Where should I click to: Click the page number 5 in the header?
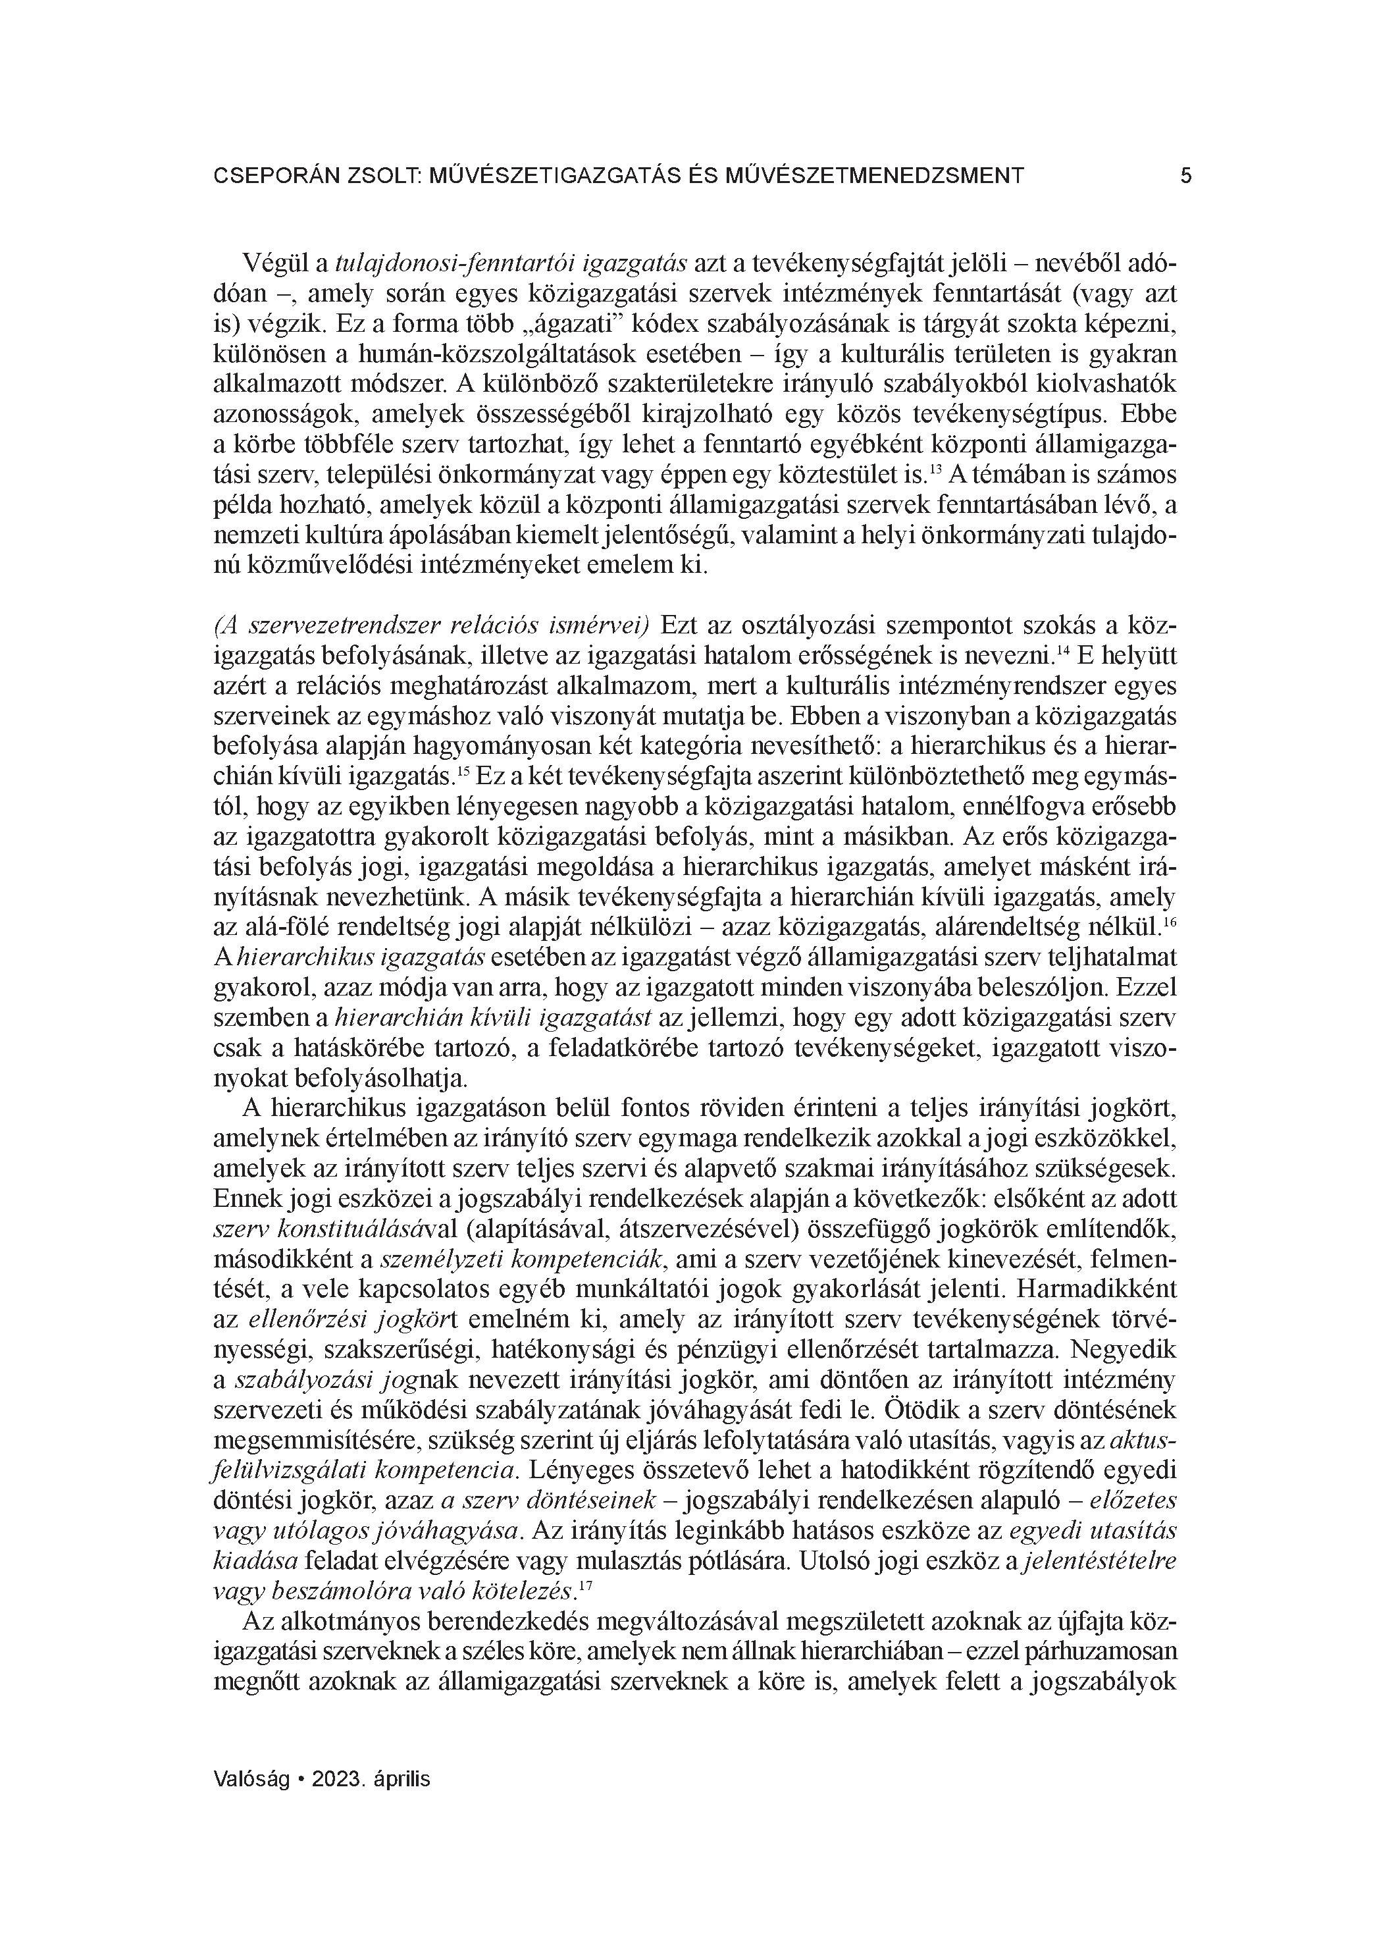(x=1185, y=176)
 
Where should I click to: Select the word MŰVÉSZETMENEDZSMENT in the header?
(x=874, y=176)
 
